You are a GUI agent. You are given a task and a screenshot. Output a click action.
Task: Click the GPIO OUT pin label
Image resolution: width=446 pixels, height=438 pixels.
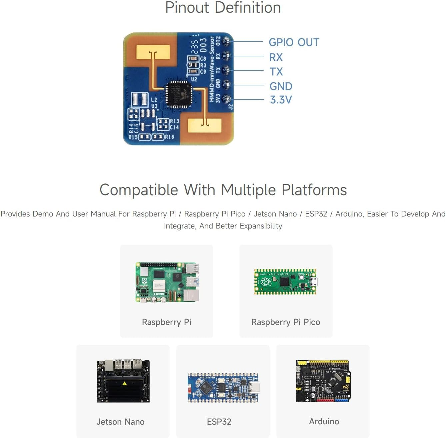(x=294, y=42)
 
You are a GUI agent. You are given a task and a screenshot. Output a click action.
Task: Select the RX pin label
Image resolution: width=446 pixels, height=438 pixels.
(x=276, y=57)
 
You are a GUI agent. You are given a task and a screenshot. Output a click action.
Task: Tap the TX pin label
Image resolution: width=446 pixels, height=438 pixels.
(x=276, y=72)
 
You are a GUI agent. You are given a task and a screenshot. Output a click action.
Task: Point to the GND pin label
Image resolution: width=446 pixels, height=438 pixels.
(x=281, y=86)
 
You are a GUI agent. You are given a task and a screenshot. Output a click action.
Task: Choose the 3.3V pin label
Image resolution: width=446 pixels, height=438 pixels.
(x=281, y=100)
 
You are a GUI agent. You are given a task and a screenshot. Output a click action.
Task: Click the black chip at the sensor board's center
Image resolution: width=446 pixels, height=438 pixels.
(x=179, y=94)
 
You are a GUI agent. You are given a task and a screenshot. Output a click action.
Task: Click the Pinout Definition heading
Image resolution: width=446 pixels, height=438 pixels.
(x=223, y=8)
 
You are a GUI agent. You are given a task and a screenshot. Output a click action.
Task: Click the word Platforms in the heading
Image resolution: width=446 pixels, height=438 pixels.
(x=314, y=190)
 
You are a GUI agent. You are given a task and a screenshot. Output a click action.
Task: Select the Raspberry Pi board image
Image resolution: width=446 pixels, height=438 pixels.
(x=167, y=282)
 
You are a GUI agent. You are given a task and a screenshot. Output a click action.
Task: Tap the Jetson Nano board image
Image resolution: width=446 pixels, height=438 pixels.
(x=123, y=381)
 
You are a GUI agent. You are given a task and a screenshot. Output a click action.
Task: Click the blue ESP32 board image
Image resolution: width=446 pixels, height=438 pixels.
(x=223, y=388)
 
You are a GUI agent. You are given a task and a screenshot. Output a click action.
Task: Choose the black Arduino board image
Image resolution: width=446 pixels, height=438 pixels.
(x=323, y=381)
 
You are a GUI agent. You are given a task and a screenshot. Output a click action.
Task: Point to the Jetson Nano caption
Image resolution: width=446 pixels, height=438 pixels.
(x=120, y=422)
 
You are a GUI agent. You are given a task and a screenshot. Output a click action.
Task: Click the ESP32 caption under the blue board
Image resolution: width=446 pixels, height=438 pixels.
(x=219, y=422)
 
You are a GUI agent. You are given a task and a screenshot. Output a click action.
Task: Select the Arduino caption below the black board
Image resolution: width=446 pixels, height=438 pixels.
(x=324, y=422)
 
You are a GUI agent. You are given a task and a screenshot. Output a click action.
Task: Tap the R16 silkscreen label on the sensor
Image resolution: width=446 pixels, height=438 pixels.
(x=169, y=137)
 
